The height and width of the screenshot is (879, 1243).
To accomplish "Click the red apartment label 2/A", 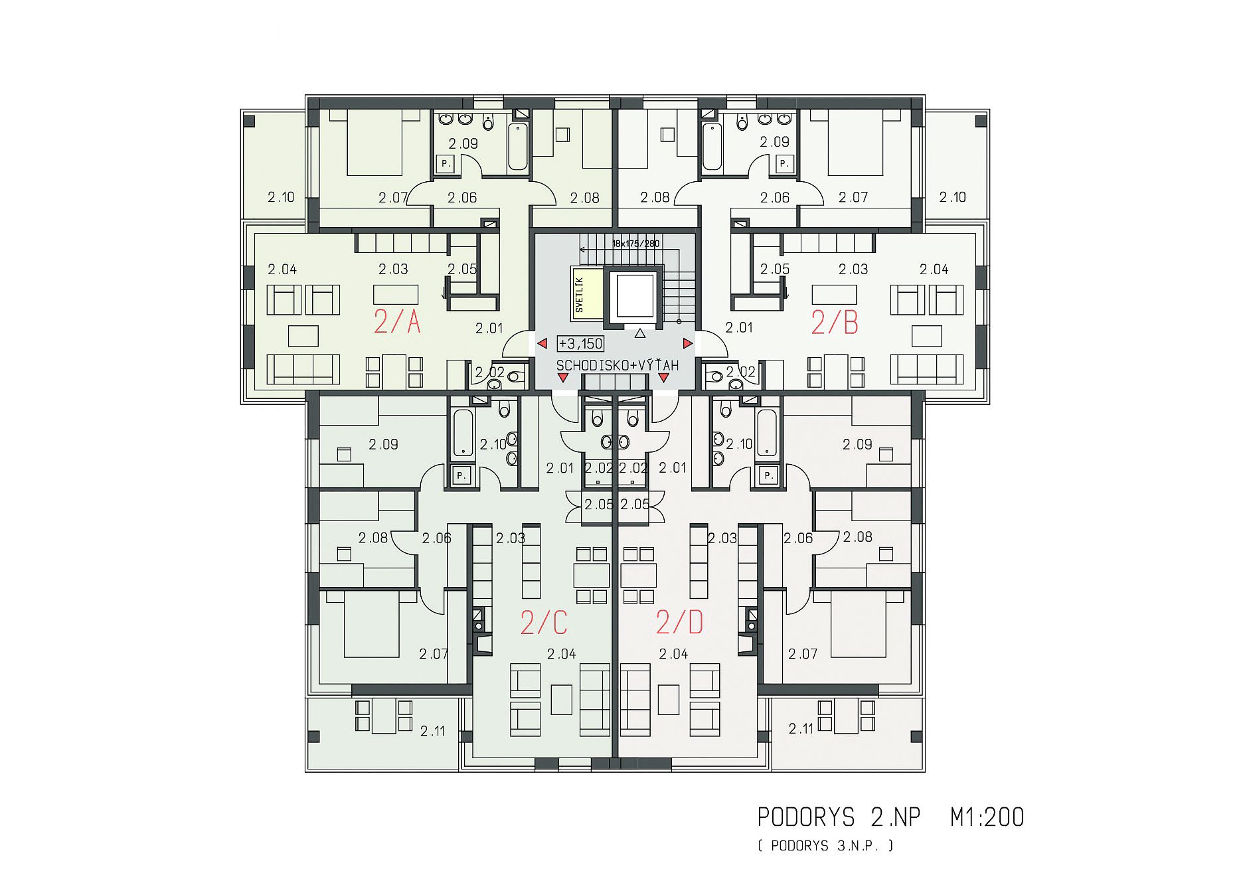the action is [x=397, y=322].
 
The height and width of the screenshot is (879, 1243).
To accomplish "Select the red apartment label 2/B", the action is [x=835, y=323].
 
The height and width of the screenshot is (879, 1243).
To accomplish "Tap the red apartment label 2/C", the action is [x=544, y=623].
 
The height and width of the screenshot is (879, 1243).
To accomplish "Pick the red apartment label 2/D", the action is [x=679, y=622].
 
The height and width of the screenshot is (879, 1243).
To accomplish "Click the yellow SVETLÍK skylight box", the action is [x=587, y=294].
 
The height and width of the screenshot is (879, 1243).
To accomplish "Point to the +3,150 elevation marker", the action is [x=580, y=343].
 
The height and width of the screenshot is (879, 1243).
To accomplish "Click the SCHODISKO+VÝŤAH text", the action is [x=618, y=365].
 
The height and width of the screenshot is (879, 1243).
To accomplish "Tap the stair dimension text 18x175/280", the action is [x=635, y=244].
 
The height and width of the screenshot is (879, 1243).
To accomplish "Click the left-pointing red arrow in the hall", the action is [x=542, y=343].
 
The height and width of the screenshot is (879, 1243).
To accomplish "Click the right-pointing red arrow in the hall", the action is [x=688, y=343].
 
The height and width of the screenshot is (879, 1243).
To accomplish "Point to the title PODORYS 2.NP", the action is [x=839, y=817].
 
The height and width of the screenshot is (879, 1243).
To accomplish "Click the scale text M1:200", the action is [x=987, y=817].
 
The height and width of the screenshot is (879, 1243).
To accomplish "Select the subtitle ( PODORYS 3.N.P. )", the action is [x=825, y=846].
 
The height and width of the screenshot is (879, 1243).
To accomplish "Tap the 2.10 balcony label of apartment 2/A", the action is [x=281, y=197].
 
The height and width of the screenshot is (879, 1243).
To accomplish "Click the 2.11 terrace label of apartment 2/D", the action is [x=801, y=728].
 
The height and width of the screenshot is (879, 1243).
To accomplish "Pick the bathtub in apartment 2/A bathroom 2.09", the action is [x=518, y=147].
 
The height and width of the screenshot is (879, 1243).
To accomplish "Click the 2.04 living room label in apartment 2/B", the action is [x=934, y=270].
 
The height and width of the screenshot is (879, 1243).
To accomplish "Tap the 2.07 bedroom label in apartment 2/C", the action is [x=434, y=654].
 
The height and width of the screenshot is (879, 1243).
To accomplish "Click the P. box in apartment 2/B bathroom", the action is [x=785, y=163].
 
